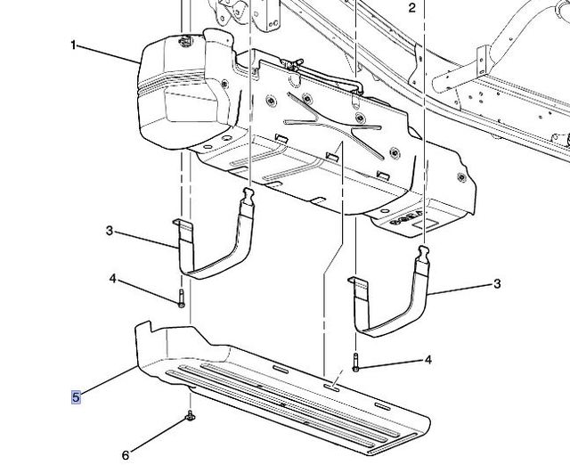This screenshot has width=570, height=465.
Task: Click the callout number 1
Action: point(73,45)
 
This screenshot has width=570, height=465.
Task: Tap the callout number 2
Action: point(411,8)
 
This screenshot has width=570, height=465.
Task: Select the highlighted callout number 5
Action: point(76,397)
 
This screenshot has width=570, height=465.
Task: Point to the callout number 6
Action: point(126,455)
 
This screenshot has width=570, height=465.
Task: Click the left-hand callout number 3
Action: point(110,231)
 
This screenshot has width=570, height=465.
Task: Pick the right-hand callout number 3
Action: point(497,283)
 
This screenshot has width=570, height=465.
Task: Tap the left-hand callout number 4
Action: point(113,279)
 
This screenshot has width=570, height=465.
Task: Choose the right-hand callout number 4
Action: point(428,360)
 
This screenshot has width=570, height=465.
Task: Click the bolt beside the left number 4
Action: point(182,298)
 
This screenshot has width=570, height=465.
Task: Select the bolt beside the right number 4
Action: point(355,362)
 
